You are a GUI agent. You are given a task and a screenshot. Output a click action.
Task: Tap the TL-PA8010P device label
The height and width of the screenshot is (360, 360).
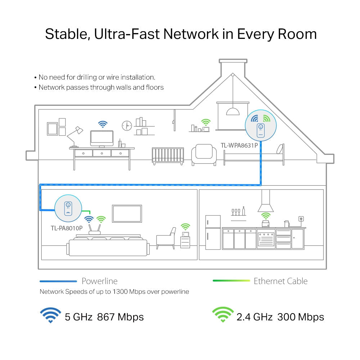coord(67,228)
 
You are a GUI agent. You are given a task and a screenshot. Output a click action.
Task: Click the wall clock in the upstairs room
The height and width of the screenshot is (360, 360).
coord(127,125)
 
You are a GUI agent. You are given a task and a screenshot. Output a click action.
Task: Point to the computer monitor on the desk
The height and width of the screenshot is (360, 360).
coord(102,138)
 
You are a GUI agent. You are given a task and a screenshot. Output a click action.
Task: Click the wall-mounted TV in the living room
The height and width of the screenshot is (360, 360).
coord(127,213)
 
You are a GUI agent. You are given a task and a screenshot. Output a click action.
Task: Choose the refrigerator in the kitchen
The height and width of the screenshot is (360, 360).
coord(213,232)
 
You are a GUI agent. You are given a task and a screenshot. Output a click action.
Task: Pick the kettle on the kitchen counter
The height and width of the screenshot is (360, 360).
coord(287,224)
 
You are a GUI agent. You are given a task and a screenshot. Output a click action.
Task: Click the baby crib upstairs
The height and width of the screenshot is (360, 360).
coord(168,156)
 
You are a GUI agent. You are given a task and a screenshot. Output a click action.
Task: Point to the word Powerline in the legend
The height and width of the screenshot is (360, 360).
coord(99,281)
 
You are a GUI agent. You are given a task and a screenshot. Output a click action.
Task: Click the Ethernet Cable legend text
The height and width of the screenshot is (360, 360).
coord(280,281)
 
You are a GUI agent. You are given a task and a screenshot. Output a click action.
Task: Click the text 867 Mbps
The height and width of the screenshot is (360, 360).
coord(120,317)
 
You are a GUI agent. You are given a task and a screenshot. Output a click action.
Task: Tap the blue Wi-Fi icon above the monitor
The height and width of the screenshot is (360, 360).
coord(103,124)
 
